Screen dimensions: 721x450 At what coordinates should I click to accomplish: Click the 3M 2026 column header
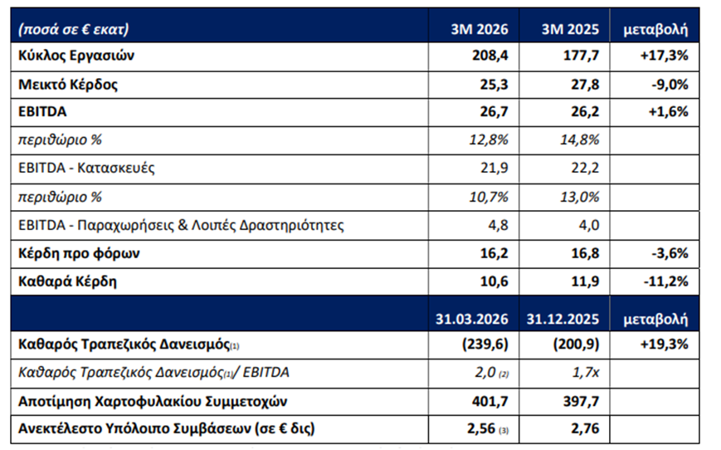pos(479,29)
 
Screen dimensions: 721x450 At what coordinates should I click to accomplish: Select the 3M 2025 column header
pos(570,29)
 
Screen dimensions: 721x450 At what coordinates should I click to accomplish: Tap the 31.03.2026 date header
pos(472,319)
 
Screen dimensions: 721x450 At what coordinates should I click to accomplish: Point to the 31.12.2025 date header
pos(563,319)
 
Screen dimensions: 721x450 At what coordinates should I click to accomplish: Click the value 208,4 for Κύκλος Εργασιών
pos(490,56)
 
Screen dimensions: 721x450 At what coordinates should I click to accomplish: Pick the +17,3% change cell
pos(664,56)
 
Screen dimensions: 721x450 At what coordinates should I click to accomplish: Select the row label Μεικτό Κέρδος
pos(68,85)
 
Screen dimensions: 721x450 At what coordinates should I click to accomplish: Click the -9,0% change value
pos(670,85)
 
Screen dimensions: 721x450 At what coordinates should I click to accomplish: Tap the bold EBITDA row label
pos(42,112)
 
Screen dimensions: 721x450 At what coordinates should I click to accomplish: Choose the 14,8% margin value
pos(579,139)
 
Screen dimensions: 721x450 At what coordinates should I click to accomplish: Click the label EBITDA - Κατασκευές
pos(86,168)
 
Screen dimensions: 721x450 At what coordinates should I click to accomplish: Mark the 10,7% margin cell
pos(489,197)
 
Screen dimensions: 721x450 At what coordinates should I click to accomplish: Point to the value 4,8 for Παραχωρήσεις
pos(498,226)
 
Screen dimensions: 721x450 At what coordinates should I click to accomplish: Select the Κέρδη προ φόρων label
pos(79,253)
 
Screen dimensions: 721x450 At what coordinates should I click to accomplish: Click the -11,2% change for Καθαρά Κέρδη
pos(667,281)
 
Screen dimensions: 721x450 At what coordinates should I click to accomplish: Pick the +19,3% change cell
pos(664,345)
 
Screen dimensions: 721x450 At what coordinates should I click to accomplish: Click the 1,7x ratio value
pos(586,372)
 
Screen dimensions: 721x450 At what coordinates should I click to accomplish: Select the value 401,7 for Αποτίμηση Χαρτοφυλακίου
pos(490,401)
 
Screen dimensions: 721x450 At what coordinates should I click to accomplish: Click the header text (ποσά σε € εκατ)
pos(74,29)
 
